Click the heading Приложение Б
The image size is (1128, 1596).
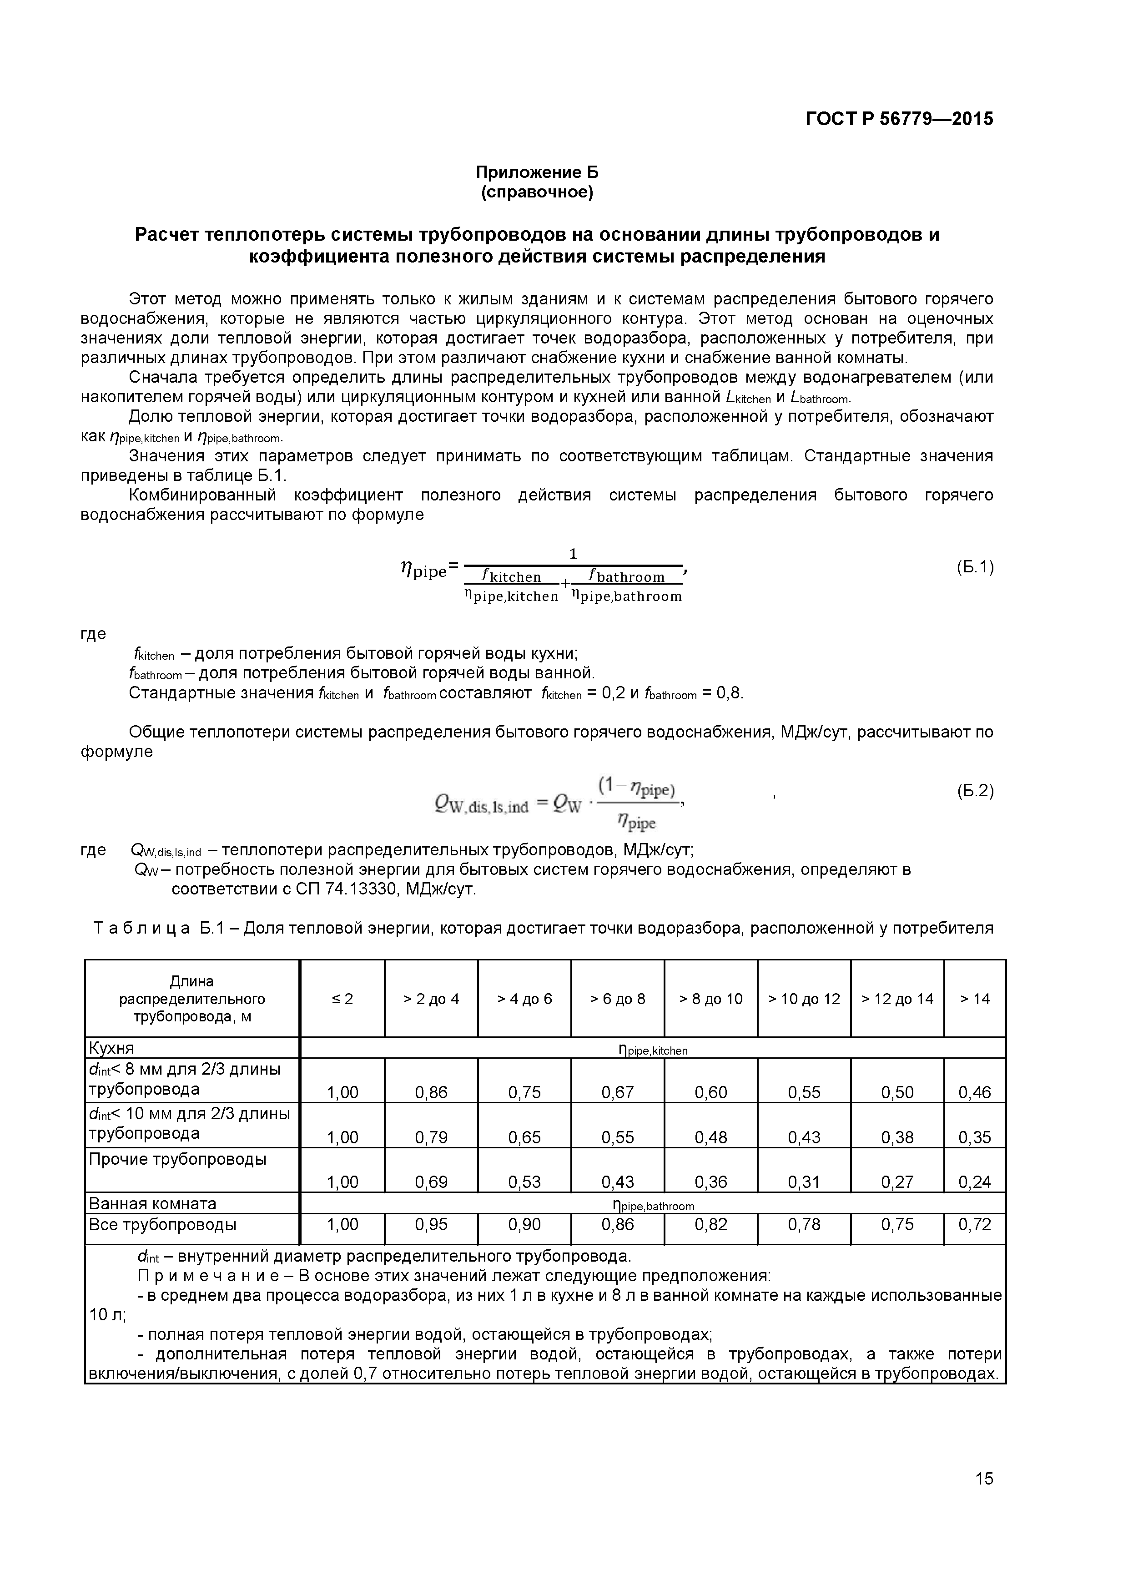(537, 172)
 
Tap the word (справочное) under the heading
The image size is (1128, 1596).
(537, 192)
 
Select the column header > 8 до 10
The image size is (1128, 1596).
(710, 999)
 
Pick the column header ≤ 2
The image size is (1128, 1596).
(342, 999)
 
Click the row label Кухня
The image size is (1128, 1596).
(111, 1048)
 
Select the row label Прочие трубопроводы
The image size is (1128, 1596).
(177, 1159)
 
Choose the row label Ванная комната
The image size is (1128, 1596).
(152, 1203)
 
